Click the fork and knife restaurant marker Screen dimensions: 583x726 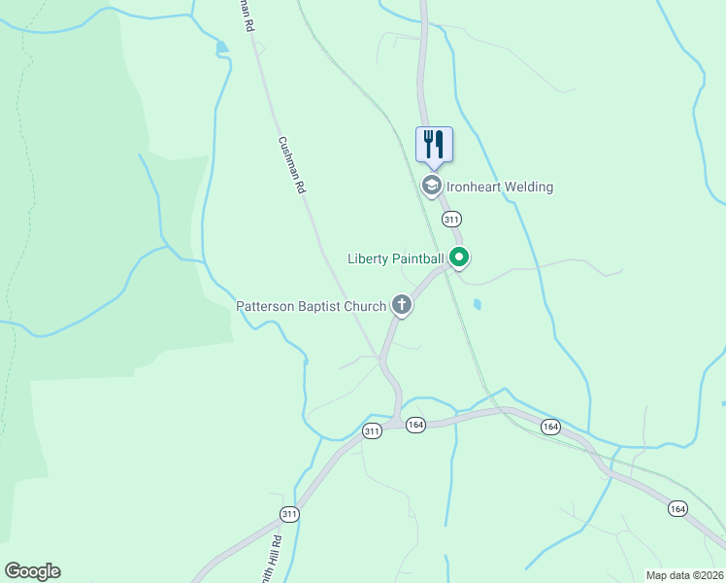pyautogui.click(x=434, y=144)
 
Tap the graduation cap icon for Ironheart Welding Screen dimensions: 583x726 pyautogui.click(x=431, y=185)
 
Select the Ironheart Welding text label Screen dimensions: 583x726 pyautogui.click(x=500, y=187)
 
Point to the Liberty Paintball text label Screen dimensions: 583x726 pyautogui.click(x=396, y=258)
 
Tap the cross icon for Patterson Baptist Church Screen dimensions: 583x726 pyautogui.click(x=401, y=305)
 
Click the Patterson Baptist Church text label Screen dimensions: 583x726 pyautogui.click(x=311, y=307)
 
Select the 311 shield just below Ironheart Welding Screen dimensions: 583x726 pyautogui.click(x=451, y=219)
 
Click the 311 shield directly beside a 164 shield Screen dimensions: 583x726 pyautogui.click(x=372, y=431)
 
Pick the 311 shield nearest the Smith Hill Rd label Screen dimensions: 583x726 pyautogui.click(x=289, y=513)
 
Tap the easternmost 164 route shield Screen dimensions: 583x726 pyautogui.click(x=677, y=507)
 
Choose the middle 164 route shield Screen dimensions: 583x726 pyautogui.click(x=550, y=427)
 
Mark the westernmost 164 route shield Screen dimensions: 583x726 pyautogui.click(x=415, y=425)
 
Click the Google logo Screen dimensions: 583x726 pyautogui.click(x=32, y=571)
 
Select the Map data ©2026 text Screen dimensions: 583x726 pyautogui.click(x=684, y=575)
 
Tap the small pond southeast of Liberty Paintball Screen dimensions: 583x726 pyautogui.click(x=476, y=304)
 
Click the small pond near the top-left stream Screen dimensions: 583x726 pyautogui.click(x=222, y=46)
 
